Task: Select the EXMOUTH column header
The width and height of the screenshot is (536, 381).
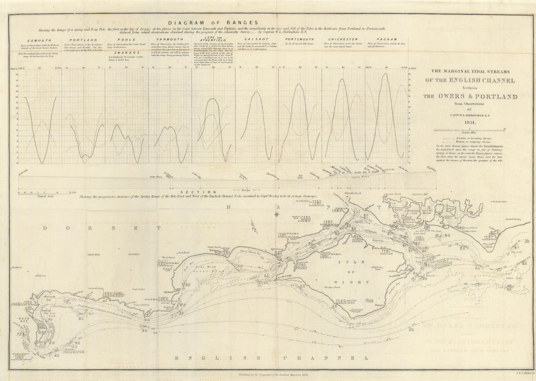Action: click(x=37, y=40)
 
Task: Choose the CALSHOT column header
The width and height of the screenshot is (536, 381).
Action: click(x=255, y=40)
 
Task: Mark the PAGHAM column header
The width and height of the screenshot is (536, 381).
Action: click(x=387, y=40)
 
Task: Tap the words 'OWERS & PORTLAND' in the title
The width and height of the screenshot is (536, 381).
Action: click(x=469, y=97)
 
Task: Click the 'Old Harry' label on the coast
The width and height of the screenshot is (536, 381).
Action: click(x=166, y=291)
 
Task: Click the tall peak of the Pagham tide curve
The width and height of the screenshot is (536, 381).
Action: click(x=384, y=75)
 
